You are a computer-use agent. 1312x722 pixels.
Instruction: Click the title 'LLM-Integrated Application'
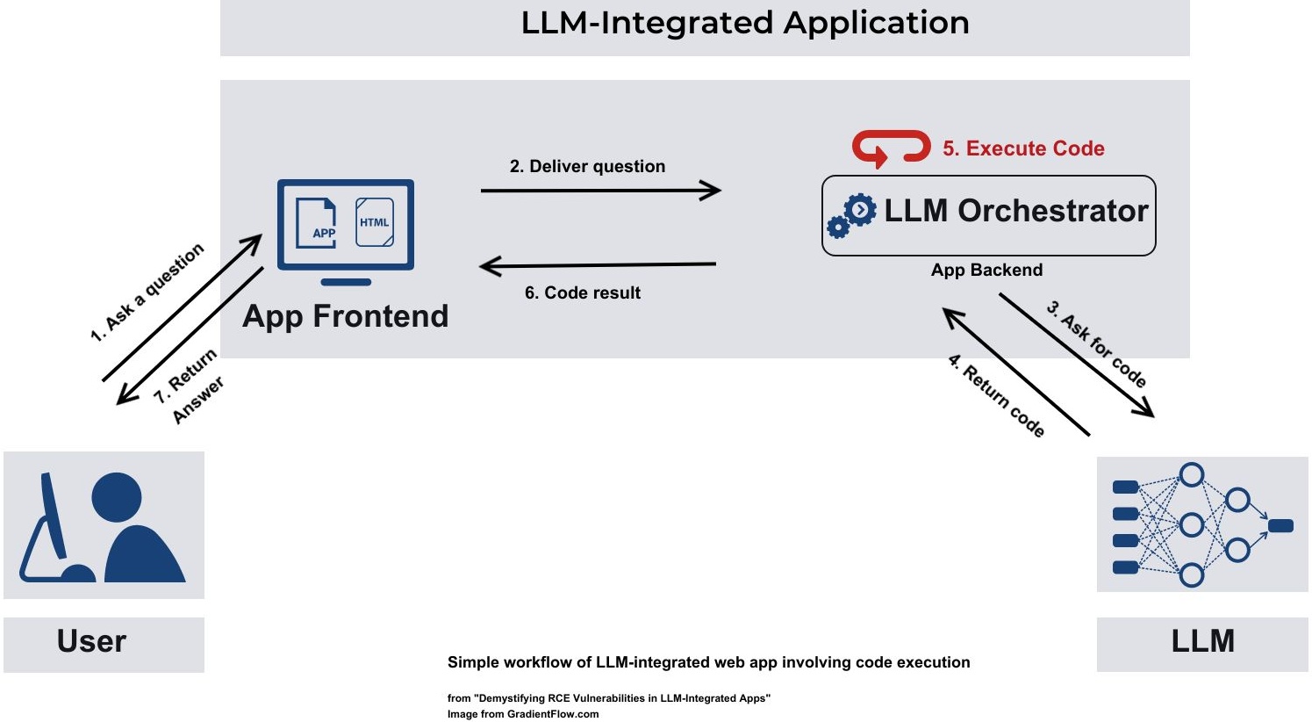coord(745,23)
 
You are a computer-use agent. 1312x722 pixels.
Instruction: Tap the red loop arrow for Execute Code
coord(891,148)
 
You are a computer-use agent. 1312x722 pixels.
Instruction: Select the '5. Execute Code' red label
coord(1023,148)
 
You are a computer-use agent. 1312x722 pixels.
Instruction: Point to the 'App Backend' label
coord(986,271)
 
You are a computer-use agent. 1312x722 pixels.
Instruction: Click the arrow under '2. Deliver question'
coord(601,190)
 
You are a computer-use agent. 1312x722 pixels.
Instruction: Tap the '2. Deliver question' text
coord(587,167)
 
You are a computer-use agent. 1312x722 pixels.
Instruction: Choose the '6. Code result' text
coord(583,293)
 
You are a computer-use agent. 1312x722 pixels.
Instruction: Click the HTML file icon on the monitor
coord(374,222)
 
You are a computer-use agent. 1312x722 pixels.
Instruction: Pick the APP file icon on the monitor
coord(317,223)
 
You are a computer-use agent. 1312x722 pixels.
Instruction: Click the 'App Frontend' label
coord(345,316)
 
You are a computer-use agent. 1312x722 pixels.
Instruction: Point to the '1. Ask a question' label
coord(147,292)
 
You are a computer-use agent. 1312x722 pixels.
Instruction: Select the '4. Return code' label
coord(996,395)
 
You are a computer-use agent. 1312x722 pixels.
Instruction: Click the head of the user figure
coord(117,497)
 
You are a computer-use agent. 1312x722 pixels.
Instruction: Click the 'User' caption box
coord(104,643)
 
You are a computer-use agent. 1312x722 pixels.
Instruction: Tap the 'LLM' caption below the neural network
coord(1202,642)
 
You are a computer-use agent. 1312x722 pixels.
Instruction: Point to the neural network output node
coord(1280,526)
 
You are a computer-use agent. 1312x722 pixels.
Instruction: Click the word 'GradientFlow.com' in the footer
coord(553,714)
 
